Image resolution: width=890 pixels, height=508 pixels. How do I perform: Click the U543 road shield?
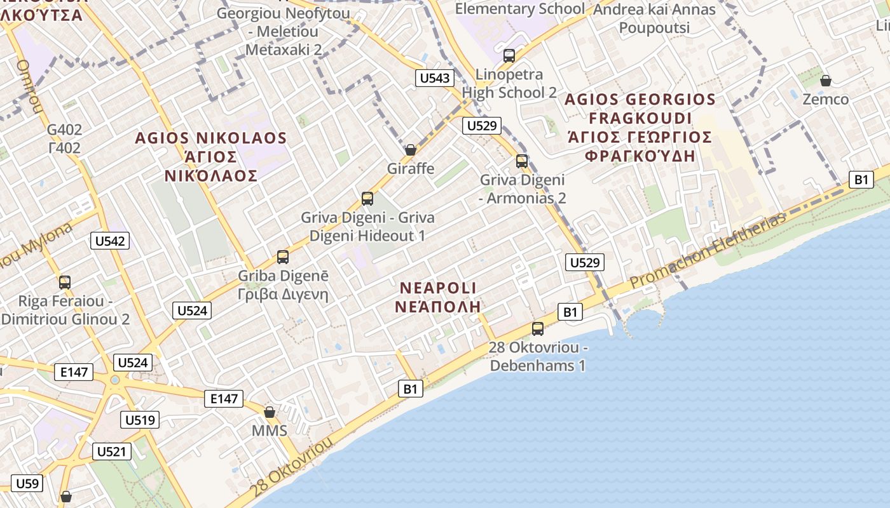(435, 79)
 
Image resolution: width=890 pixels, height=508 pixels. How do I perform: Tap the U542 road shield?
(111, 241)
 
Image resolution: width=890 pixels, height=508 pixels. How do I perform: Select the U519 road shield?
(139, 420)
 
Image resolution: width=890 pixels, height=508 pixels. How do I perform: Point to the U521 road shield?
(113, 451)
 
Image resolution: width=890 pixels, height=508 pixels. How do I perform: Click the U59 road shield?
(27, 483)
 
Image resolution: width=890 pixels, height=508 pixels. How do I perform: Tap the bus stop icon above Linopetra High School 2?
(509, 56)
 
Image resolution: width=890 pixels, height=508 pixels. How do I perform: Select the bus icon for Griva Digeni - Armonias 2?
(522, 161)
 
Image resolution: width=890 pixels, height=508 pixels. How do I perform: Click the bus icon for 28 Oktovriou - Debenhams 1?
(538, 329)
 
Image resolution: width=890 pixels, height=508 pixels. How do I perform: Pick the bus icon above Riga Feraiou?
(65, 283)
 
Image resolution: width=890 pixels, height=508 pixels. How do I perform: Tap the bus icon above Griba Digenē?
(283, 257)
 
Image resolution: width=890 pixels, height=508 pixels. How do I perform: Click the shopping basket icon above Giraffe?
(411, 150)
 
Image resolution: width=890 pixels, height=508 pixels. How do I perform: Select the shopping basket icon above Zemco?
(825, 81)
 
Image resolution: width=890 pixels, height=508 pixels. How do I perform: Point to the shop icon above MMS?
(270, 412)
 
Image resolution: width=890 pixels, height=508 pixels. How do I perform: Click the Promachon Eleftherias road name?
(708, 250)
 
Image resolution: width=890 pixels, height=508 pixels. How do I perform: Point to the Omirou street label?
(29, 86)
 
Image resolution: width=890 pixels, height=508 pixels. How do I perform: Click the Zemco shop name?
(825, 99)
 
